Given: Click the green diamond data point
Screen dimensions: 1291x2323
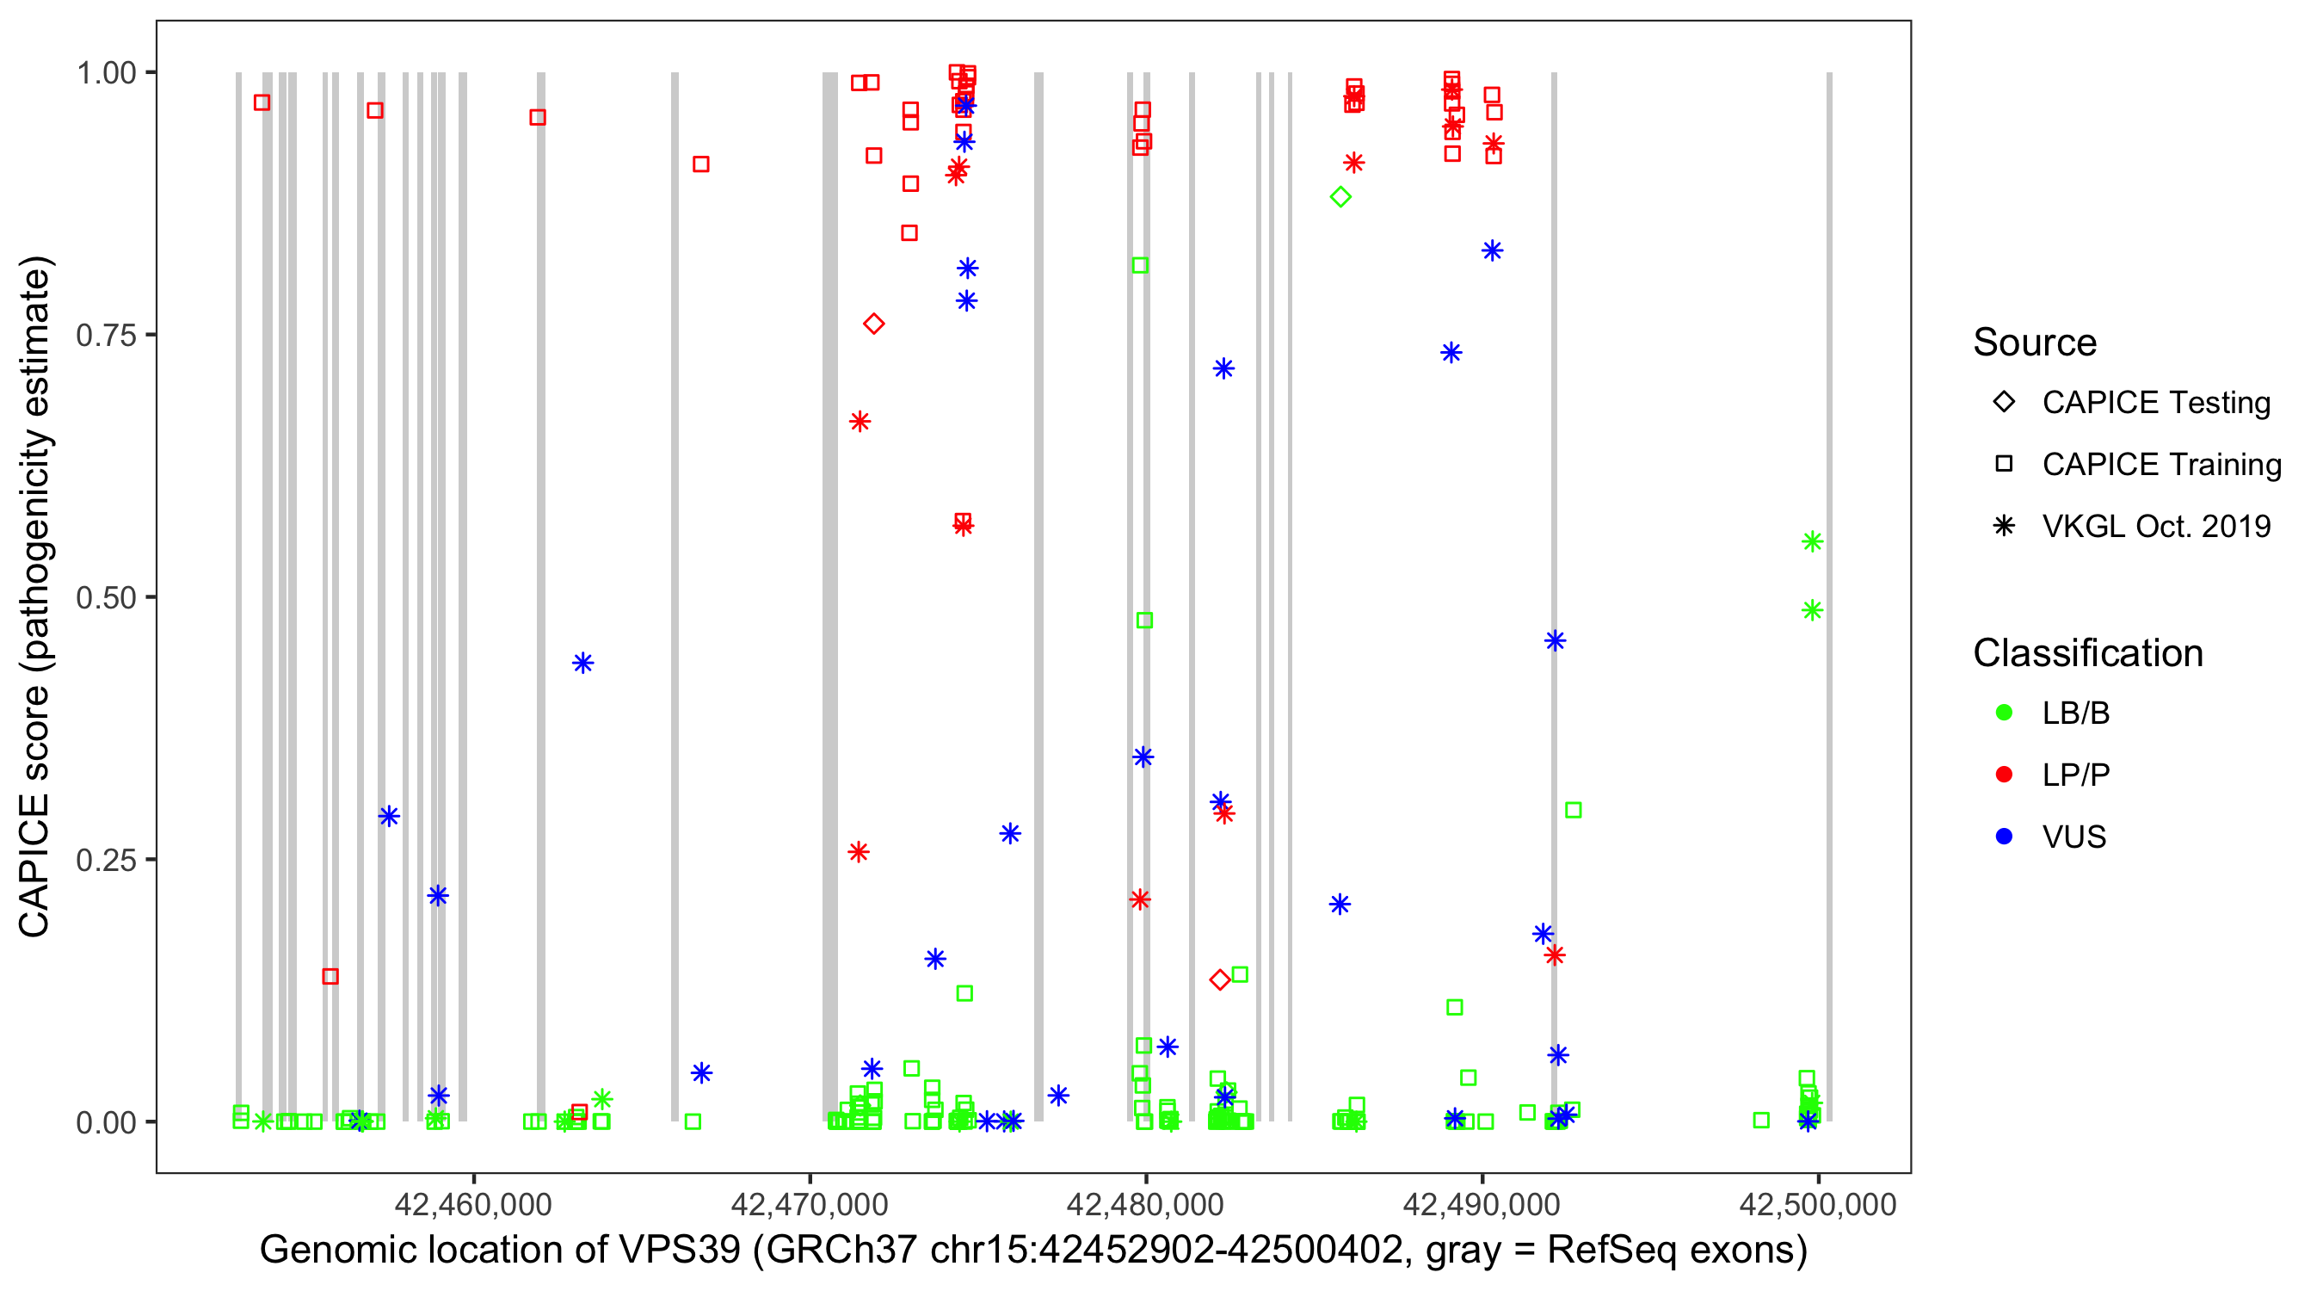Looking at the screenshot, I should click(1340, 197).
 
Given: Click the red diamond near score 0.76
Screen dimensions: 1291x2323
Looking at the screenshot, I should click(873, 324).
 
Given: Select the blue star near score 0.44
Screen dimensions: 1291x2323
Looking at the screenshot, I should click(582, 663).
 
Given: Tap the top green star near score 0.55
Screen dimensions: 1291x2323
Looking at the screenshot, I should click(1812, 541).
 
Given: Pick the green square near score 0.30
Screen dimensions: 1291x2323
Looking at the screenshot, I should click(1573, 810).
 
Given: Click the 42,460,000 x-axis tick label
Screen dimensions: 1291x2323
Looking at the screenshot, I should click(472, 1203).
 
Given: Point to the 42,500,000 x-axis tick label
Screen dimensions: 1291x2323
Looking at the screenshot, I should click(1817, 1203).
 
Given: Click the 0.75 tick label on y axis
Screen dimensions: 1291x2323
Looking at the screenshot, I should click(106, 335).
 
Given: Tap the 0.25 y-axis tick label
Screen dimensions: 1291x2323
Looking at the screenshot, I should click(106, 860).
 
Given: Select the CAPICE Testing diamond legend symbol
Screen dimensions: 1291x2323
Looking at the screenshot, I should click(2004, 401).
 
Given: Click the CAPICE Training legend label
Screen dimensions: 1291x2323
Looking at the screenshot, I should click(2160, 464).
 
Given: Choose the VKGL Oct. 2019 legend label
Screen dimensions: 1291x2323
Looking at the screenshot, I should click(2155, 526).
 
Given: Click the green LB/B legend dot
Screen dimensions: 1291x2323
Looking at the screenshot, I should click(2004, 713).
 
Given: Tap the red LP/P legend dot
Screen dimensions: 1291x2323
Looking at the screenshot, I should click(2004, 775).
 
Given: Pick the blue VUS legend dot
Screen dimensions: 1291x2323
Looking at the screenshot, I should click(2004, 837).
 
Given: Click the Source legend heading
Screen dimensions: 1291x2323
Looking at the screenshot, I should click(2035, 343).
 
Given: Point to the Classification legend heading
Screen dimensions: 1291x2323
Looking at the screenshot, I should click(2086, 653).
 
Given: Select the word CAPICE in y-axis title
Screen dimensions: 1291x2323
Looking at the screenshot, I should click(34, 864).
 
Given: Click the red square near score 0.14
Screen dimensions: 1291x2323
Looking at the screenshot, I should click(330, 976).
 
